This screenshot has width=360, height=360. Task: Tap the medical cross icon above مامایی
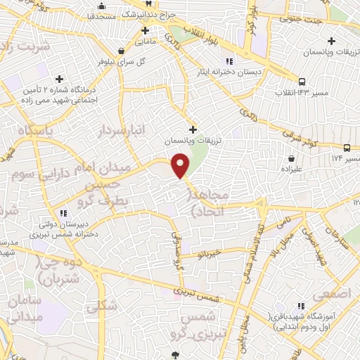click(146, 30)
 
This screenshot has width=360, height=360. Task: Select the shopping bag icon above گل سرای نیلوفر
click(123, 51)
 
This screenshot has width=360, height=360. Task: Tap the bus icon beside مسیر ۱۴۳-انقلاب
click(302, 81)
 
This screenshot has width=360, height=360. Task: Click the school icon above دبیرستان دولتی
click(63, 213)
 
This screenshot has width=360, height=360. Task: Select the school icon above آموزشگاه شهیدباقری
click(301, 306)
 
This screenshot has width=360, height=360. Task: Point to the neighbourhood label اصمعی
click(333, 295)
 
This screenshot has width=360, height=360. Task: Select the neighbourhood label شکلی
click(97, 307)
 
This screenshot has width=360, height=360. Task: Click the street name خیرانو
click(210, 252)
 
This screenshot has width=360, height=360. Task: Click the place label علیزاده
click(291, 170)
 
